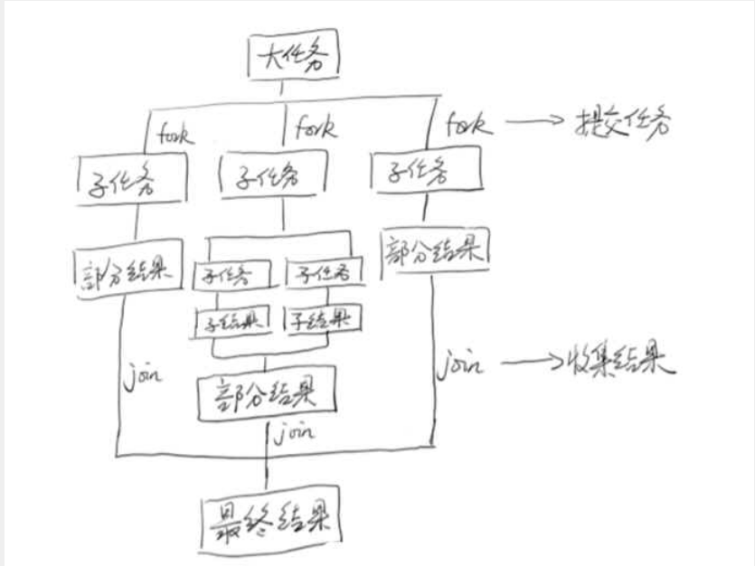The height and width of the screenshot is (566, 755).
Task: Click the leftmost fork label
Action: pos(179,134)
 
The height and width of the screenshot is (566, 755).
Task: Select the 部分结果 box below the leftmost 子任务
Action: pos(120,269)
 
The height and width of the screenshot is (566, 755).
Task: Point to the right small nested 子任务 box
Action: pos(319,271)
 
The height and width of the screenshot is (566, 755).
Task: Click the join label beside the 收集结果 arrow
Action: pos(457,365)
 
